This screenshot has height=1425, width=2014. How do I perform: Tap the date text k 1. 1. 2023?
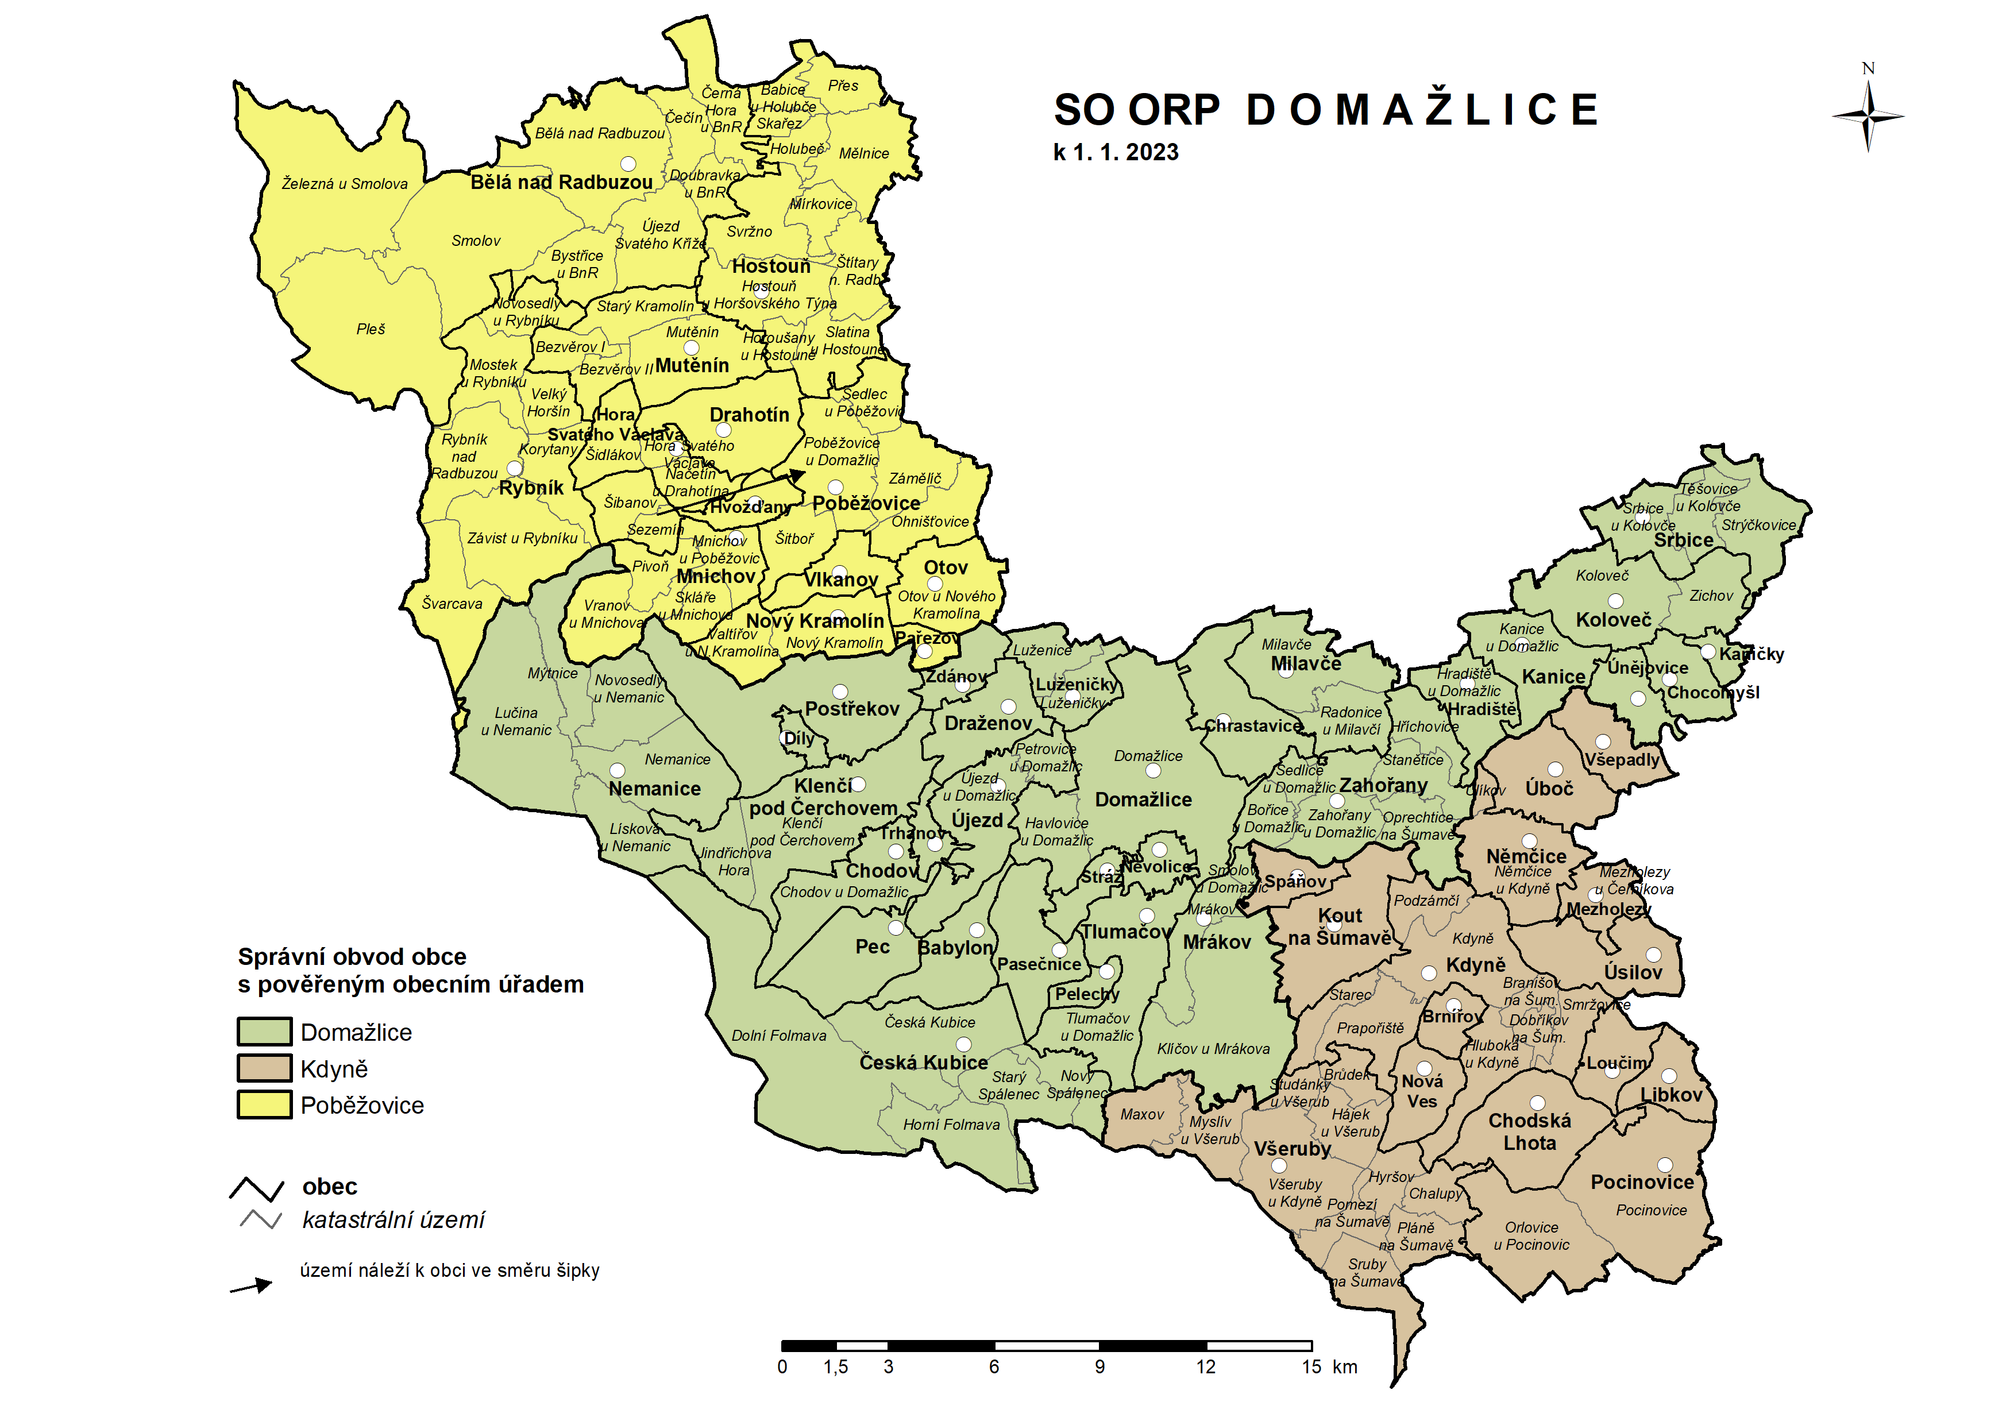pyautogui.click(x=1116, y=153)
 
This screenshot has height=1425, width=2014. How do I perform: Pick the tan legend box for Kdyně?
pyautogui.click(x=264, y=1068)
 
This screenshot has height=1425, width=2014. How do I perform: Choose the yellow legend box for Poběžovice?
pyautogui.click(x=264, y=1105)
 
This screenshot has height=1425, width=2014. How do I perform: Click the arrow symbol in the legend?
pyautogui.click(x=252, y=1287)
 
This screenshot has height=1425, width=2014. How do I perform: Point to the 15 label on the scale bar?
pyautogui.click(x=1311, y=1367)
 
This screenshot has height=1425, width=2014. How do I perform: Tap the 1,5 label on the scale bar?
pyautogui.click(x=835, y=1367)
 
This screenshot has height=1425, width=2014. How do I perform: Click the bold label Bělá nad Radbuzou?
pyautogui.click(x=562, y=183)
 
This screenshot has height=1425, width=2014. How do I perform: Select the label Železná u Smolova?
pyautogui.click(x=344, y=183)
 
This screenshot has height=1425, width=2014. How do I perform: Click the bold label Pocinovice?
pyautogui.click(x=1642, y=1182)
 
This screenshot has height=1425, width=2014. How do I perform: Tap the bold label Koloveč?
pyautogui.click(x=1613, y=620)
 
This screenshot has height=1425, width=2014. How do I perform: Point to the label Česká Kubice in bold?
pyautogui.click(x=923, y=1063)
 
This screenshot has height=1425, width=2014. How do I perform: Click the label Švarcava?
pyautogui.click(x=452, y=604)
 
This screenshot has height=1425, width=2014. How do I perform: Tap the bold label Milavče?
pyautogui.click(x=1306, y=664)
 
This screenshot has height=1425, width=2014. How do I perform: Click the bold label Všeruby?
pyautogui.click(x=1292, y=1149)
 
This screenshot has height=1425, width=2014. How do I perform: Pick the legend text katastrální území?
pyautogui.click(x=393, y=1220)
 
